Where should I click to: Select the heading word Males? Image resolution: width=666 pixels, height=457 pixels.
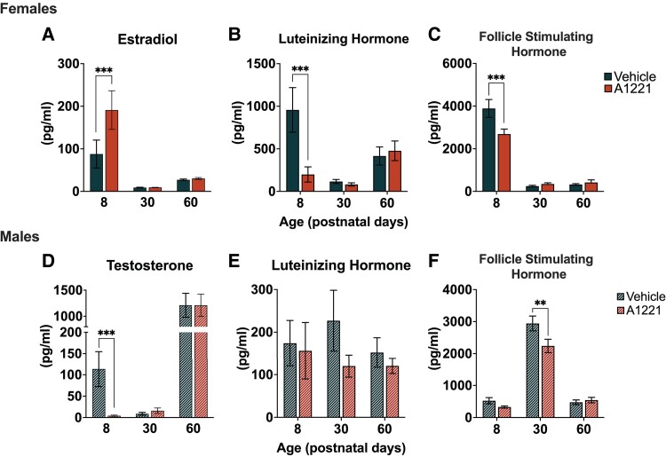click(x=20, y=233)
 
